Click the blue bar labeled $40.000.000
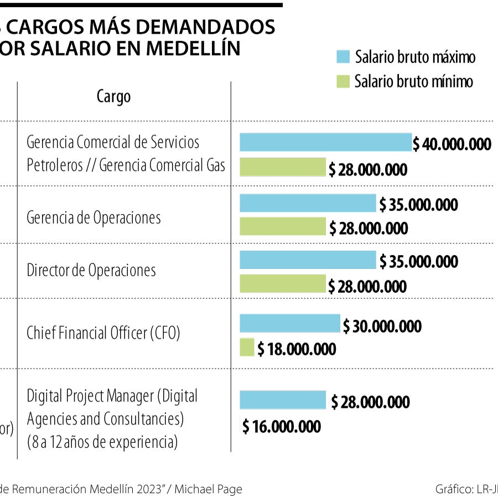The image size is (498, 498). pos(325,142)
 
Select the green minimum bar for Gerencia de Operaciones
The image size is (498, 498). pos(283,226)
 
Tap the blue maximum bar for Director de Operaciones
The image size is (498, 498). pos(308,260)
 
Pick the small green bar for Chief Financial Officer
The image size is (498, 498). pos(247,347)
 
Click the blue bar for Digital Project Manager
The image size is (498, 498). pos(283,400)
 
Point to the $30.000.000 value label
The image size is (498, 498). pos(382,326)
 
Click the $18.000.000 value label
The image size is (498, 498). pos(297,349)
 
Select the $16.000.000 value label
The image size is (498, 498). pos(282,427)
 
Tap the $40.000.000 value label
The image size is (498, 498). pos(452,144)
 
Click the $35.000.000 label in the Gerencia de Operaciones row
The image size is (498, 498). pos(419,205)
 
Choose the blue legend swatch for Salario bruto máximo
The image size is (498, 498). pos(343,56)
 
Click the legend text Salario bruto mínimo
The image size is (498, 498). pos(414,82)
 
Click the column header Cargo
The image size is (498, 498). pos(114,97)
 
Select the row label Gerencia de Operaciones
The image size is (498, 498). pos(94,217)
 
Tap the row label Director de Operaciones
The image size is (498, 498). pos(91,271)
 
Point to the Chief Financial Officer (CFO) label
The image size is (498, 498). pos(103,333)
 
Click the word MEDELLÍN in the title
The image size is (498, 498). pos(193,48)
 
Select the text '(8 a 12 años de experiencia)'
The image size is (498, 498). pos(102,442)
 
